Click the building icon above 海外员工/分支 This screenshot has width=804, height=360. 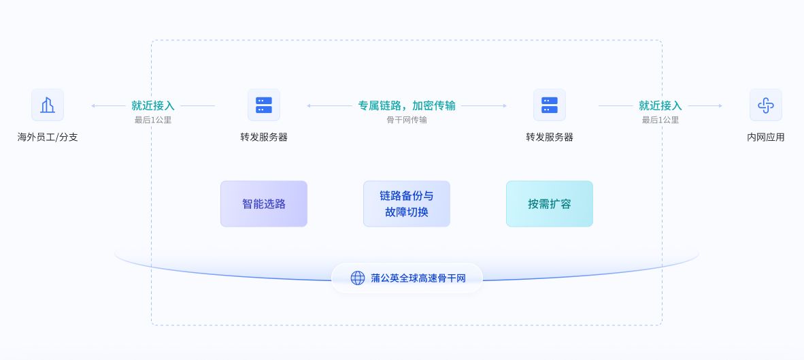coord(48,105)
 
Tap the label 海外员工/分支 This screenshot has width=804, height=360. coord(48,137)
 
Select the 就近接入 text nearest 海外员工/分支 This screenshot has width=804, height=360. coord(153,105)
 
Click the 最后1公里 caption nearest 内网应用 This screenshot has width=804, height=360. coord(660,120)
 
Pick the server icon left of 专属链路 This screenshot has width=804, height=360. coord(264,105)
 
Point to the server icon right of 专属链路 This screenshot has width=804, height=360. coord(550,105)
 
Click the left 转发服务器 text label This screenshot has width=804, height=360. coord(264,137)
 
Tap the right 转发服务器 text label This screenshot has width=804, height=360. coord(550,137)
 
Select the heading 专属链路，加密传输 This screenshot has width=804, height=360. coord(407,105)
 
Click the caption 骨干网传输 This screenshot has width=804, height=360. coord(407,120)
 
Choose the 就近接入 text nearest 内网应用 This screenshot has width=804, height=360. coord(660,105)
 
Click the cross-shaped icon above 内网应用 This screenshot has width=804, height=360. coord(766,105)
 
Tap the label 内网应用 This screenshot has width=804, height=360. coord(766,137)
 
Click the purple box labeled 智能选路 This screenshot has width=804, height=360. coord(264,203)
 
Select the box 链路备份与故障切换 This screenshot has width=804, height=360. coord(407,203)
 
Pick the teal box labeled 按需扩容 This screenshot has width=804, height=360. coord(550,203)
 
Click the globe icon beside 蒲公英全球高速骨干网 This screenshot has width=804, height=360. coord(358,278)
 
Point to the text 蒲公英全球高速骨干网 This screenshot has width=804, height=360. coord(418,278)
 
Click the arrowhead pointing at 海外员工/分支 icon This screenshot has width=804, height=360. coord(93,105)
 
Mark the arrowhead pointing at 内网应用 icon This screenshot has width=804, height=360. coord(720,105)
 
